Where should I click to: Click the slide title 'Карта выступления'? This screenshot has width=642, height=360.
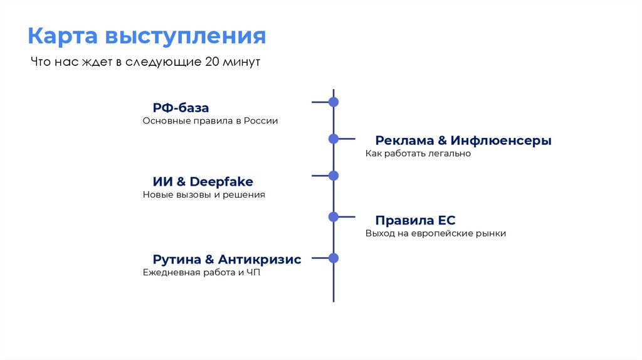coord(146,36)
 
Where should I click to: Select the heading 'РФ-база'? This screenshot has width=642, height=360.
coord(181,108)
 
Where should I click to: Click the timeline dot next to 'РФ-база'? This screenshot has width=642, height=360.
coord(334,102)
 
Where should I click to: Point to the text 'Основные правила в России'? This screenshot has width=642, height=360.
coord(210,121)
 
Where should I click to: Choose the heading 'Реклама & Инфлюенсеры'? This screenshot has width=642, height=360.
coord(463,140)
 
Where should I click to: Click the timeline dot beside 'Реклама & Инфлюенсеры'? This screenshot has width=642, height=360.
coord(334,139)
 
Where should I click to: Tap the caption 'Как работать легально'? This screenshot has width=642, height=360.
coord(418,154)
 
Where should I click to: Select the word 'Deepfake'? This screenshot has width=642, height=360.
coord(221,182)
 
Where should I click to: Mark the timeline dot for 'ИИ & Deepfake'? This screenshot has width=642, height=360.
coord(334,176)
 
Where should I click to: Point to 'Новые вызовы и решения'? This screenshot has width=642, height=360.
coord(204,195)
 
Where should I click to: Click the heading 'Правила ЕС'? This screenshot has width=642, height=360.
coord(415,221)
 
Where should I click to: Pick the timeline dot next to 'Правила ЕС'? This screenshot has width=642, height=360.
coord(334,217)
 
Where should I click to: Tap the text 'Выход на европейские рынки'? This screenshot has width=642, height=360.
coord(436,233)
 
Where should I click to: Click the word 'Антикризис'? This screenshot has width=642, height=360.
coord(260,260)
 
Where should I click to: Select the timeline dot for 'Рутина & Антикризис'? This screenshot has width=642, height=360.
coord(334,258)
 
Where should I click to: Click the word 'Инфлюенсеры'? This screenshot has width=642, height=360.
coord(501,140)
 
